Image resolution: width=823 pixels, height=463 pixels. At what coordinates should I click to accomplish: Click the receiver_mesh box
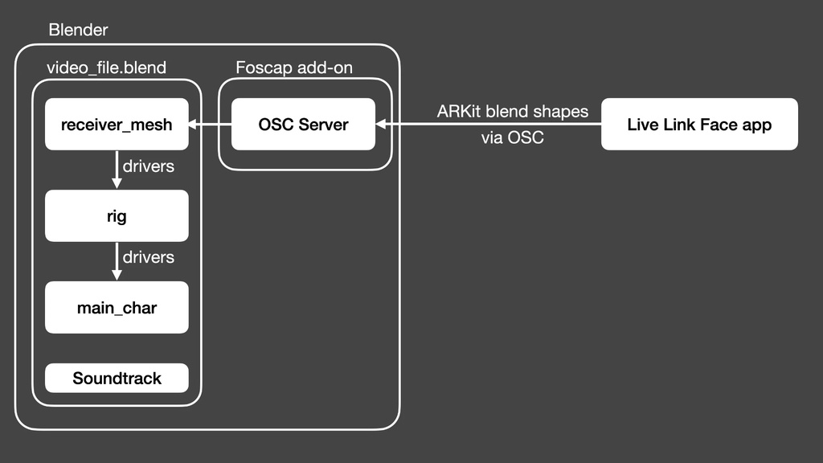pyautogui.click(x=117, y=125)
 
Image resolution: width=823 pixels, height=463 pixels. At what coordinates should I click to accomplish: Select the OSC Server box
pyautogui.click(x=303, y=125)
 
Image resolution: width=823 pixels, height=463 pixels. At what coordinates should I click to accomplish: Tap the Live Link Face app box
pyautogui.click(x=699, y=125)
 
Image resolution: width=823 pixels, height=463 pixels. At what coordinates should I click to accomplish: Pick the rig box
pyautogui.click(x=117, y=216)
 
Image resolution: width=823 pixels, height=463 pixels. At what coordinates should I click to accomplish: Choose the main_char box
pyautogui.click(x=117, y=307)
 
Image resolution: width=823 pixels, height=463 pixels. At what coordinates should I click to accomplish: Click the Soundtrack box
pyautogui.click(x=117, y=378)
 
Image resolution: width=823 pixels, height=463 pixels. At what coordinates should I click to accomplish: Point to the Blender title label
pyautogui.click(x=78, y=31)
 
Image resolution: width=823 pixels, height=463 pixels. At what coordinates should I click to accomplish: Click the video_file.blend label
pyautogui.click(x=106, y=68)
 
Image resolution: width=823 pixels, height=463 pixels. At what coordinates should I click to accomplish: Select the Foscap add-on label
pyautogui.click(x=293, y=68)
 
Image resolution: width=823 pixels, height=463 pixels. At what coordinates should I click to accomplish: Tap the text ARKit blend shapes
pyautogui.click(x=512, y=112)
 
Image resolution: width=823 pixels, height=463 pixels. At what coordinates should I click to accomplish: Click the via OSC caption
pyautogui.click(x=512, y=138)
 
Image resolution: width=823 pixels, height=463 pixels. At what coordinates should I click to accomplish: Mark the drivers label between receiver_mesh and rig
pyautogui.click(x=148, y=167)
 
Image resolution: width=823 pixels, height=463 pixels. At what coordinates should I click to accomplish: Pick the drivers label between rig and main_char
pyautogui.click(x=148, y=258)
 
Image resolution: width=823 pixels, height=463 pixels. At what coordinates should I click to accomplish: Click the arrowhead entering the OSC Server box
pyautogui.click(x=381, y=125)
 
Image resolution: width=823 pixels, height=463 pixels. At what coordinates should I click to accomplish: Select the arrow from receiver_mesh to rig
pyautogui.click(x=117, y=170)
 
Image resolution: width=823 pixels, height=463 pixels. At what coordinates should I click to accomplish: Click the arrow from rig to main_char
pyautogui.click(x=117, y=261)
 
